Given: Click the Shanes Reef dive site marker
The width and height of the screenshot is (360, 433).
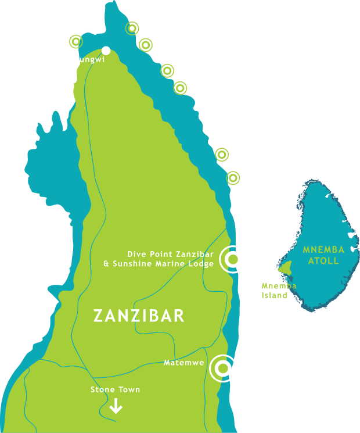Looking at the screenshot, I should (x=75, y=42).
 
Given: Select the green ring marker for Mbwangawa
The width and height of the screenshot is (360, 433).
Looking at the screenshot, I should (x=145, y=44).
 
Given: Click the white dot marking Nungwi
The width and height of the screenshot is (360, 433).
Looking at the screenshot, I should (x=106, y=51).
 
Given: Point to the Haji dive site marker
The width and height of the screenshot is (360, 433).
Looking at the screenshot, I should (x=167, y=71).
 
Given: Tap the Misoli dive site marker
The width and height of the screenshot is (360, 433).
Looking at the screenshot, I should (x=221, y=154).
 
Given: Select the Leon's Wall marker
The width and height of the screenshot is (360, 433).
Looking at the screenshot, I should (x=233, y=178).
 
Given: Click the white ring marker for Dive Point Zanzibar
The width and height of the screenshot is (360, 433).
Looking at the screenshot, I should (x=233, y=259).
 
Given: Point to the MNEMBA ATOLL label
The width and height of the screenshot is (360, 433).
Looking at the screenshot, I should (x=323, y=255).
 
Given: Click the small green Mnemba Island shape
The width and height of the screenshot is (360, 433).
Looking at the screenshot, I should (x=285, y=268).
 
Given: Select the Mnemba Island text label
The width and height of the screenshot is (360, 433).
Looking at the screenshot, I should (x=279, y=291).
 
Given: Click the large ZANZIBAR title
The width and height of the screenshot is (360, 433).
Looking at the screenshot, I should (x=139, y=316).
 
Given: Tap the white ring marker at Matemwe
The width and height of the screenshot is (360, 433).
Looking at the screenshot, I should (x=222, y=368).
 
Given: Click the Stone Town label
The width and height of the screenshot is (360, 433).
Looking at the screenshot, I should (x=115, y=389).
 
